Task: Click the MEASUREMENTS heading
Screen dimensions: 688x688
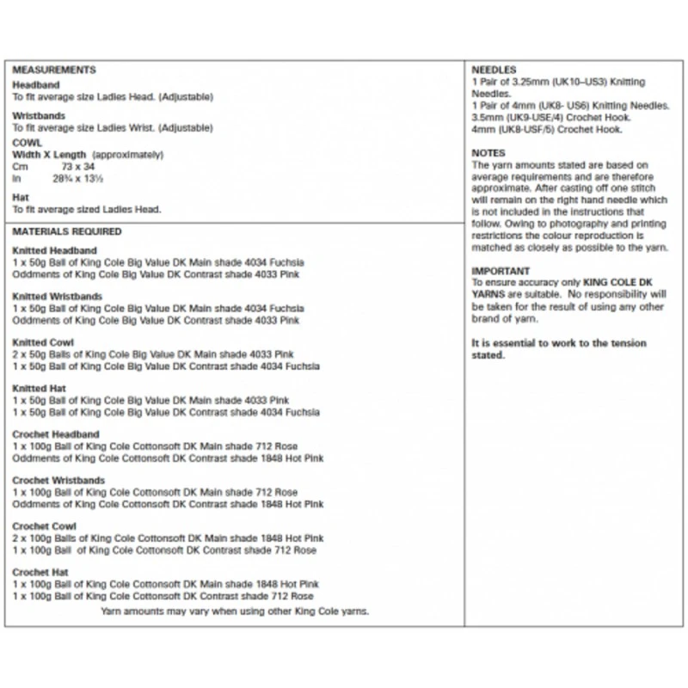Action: [53, 70]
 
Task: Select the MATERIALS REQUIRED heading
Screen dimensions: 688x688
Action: [67, 231]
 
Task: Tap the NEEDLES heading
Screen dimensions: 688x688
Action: [494, 69]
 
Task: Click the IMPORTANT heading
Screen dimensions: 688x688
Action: [501, 271]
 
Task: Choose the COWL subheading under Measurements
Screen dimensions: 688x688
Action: [28, 143]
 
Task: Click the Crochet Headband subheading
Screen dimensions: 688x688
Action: [56, 434]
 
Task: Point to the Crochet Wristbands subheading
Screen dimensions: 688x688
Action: [58, 481]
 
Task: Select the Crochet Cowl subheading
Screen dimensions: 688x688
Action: [45, 526]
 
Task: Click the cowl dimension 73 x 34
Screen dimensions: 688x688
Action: [78, 165]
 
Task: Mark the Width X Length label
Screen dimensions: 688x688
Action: [50, 154]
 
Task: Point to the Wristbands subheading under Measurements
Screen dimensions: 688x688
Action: [39, 115]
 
